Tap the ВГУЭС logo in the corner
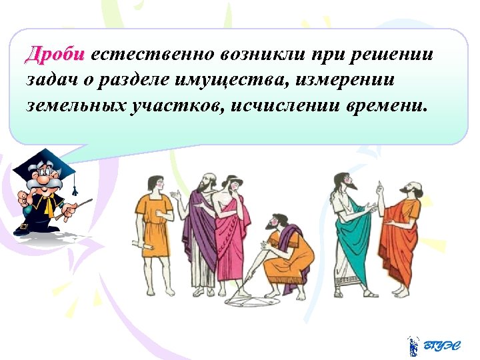(433, 344)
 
